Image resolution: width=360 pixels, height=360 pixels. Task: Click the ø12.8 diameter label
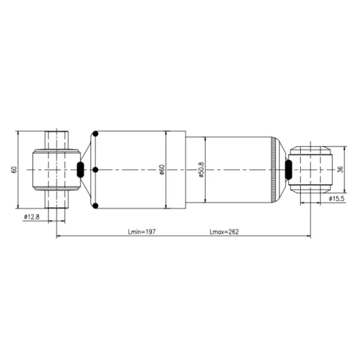[x=31, y=217]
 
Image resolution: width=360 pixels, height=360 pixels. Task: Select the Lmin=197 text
[x=142, y=232]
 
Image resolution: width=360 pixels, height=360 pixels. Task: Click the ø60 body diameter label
[x=162, y=170]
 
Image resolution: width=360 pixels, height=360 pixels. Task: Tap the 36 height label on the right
[x=341, y=170]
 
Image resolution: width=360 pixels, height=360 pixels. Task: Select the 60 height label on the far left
[x=14, y=170]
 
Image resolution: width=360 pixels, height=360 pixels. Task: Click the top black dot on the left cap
[x=94, y=134]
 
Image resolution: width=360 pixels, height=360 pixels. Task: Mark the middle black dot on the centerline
[x=94, y=170]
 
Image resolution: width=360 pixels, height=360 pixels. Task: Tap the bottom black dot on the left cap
[x=94, y=207]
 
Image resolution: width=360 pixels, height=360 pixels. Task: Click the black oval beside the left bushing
[x=80, y=170]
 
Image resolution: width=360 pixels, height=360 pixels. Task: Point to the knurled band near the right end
[x=275, y=170]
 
